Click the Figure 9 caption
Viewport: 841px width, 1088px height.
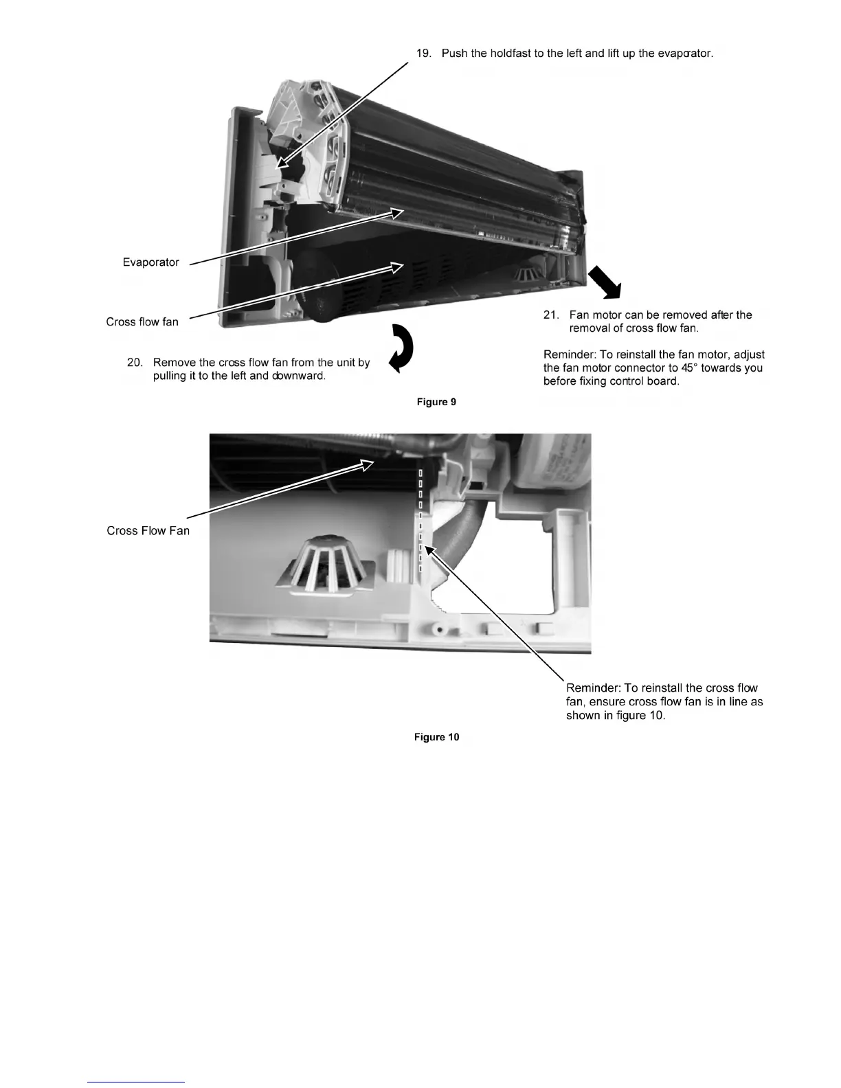(436, 402)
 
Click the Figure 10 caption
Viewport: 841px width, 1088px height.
(436, 737)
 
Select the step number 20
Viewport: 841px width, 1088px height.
(135, 363)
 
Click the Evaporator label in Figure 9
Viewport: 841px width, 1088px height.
(150, 262)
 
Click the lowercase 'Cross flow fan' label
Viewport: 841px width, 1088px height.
(142, 321)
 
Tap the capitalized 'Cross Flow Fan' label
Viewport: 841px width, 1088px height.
(148, 531)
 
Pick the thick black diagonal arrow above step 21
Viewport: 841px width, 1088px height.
(605, 282)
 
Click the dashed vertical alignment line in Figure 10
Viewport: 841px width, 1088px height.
(420, 522)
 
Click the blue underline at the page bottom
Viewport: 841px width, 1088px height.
(137, 1082)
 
